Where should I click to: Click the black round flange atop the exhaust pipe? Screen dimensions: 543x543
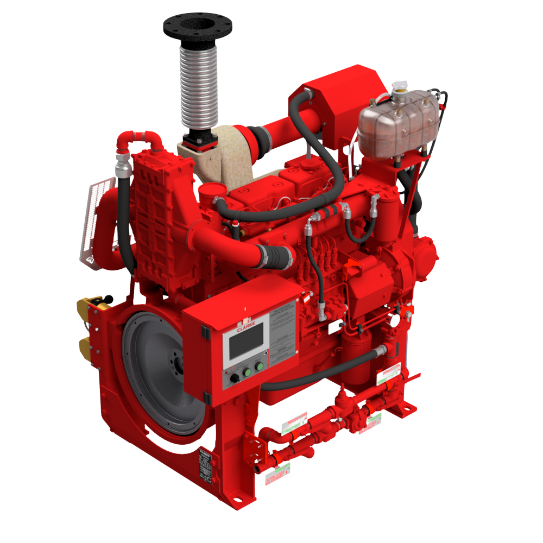click(197, 24)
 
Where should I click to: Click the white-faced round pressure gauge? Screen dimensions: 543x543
click(392, 321)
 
